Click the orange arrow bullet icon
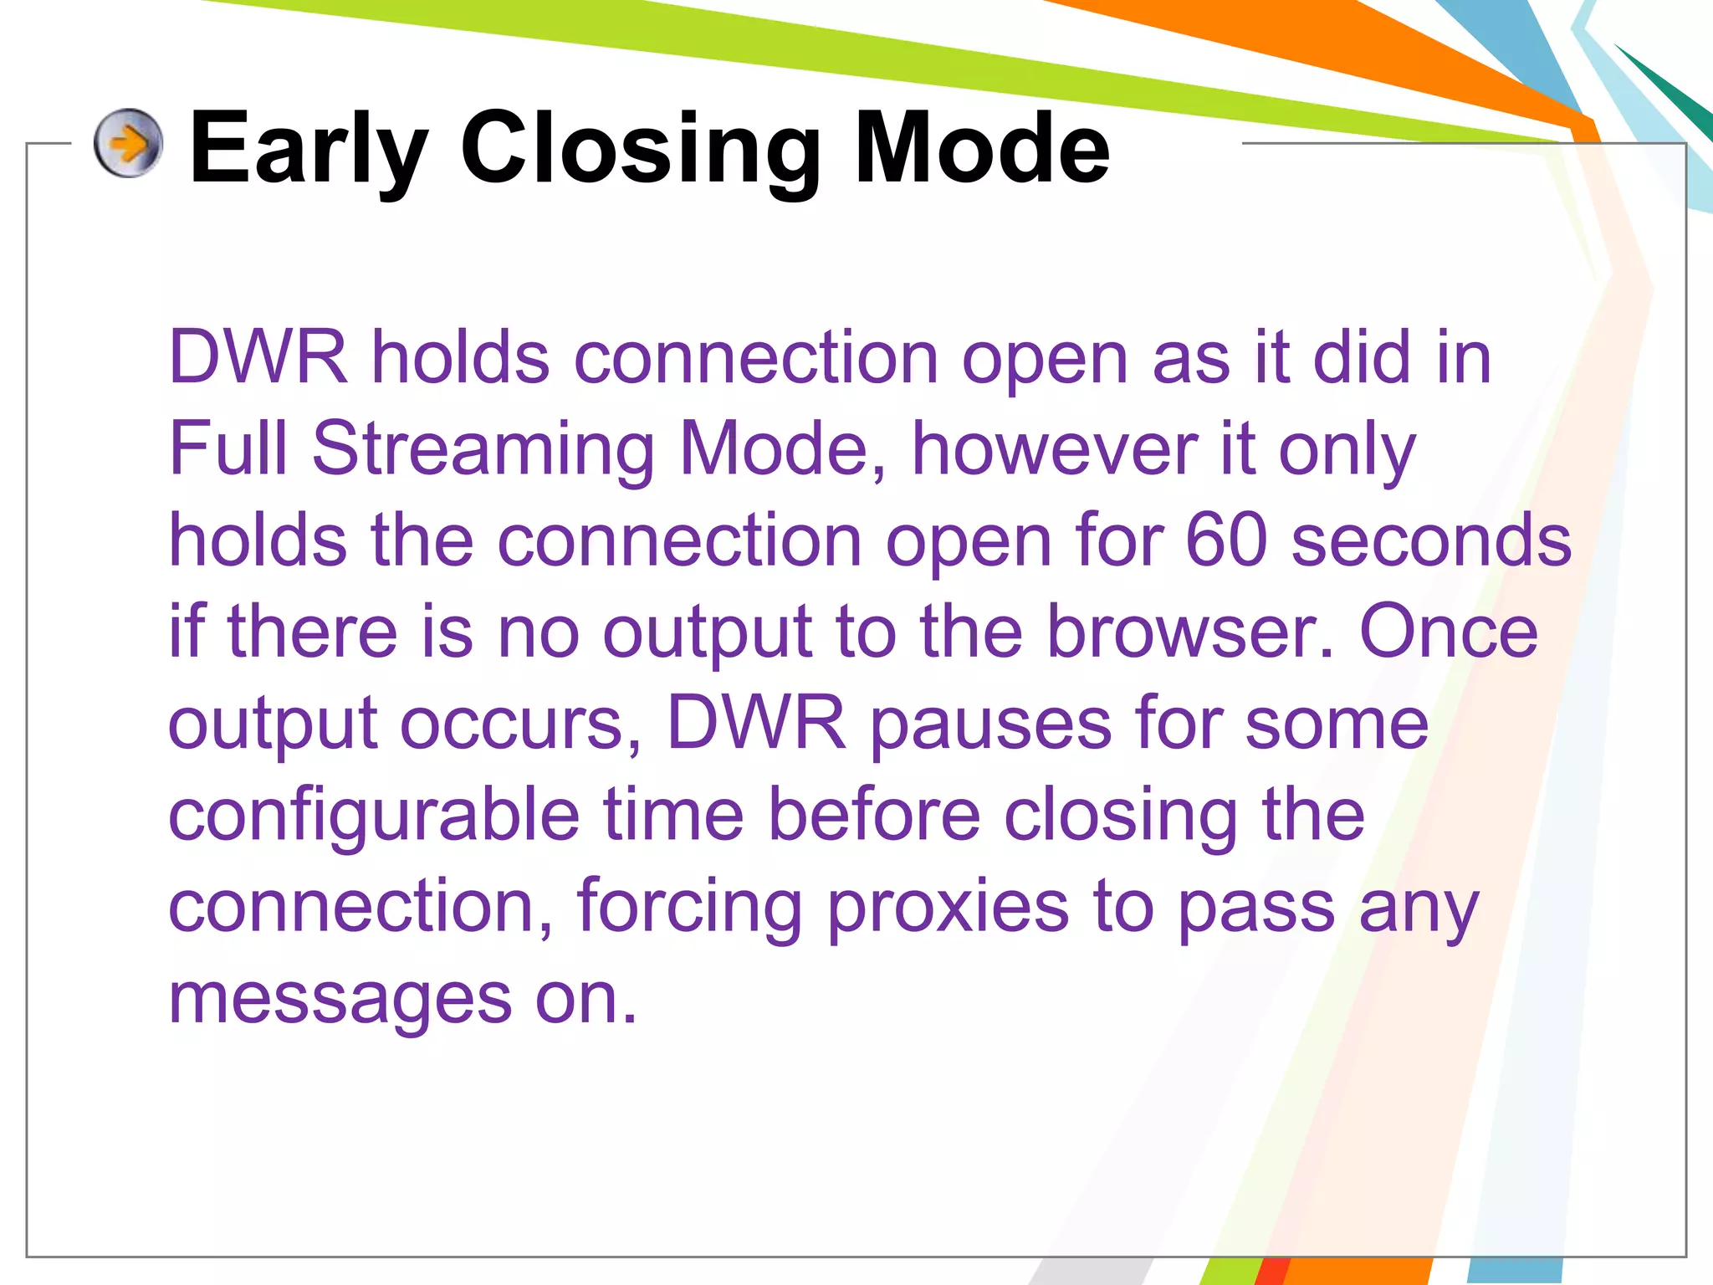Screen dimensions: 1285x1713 [128, 143]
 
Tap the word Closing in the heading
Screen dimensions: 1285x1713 [641, 149]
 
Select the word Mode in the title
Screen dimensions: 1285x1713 [982, 149]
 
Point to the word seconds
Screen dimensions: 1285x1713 [1431, 540]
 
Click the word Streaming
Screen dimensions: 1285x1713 [483, 450]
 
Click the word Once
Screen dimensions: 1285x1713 [1448, 632]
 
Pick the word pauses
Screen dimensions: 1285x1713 [990, 724]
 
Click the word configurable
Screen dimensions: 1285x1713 [374, 817]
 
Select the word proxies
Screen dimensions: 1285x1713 [948, 909]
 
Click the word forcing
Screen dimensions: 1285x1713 [689, 909]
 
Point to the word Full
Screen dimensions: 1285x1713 [228, 448]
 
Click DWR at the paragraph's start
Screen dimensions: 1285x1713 [258, 358]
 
